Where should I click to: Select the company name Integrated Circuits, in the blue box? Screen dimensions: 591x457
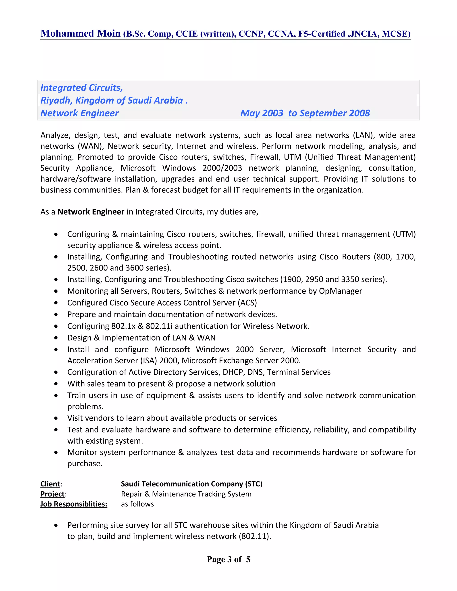(81, 88)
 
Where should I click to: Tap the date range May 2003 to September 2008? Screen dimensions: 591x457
(305, 113)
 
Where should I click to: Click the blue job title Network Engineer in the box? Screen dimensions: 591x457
(79, 113)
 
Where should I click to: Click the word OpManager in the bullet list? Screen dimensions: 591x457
(340, 291)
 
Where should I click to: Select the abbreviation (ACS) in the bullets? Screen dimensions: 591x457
(247, 303)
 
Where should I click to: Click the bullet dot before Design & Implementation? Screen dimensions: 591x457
(56, 338)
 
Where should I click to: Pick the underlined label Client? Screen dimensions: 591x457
(50, 484)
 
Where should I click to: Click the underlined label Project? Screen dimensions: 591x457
(52, 494)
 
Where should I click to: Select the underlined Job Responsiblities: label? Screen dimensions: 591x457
(74, 504)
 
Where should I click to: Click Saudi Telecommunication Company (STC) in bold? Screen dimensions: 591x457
(191, 484)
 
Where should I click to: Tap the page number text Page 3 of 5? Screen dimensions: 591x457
(228, 559)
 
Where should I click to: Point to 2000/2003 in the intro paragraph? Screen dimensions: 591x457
(222, 168)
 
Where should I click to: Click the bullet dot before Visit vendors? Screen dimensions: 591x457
(56, 418)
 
